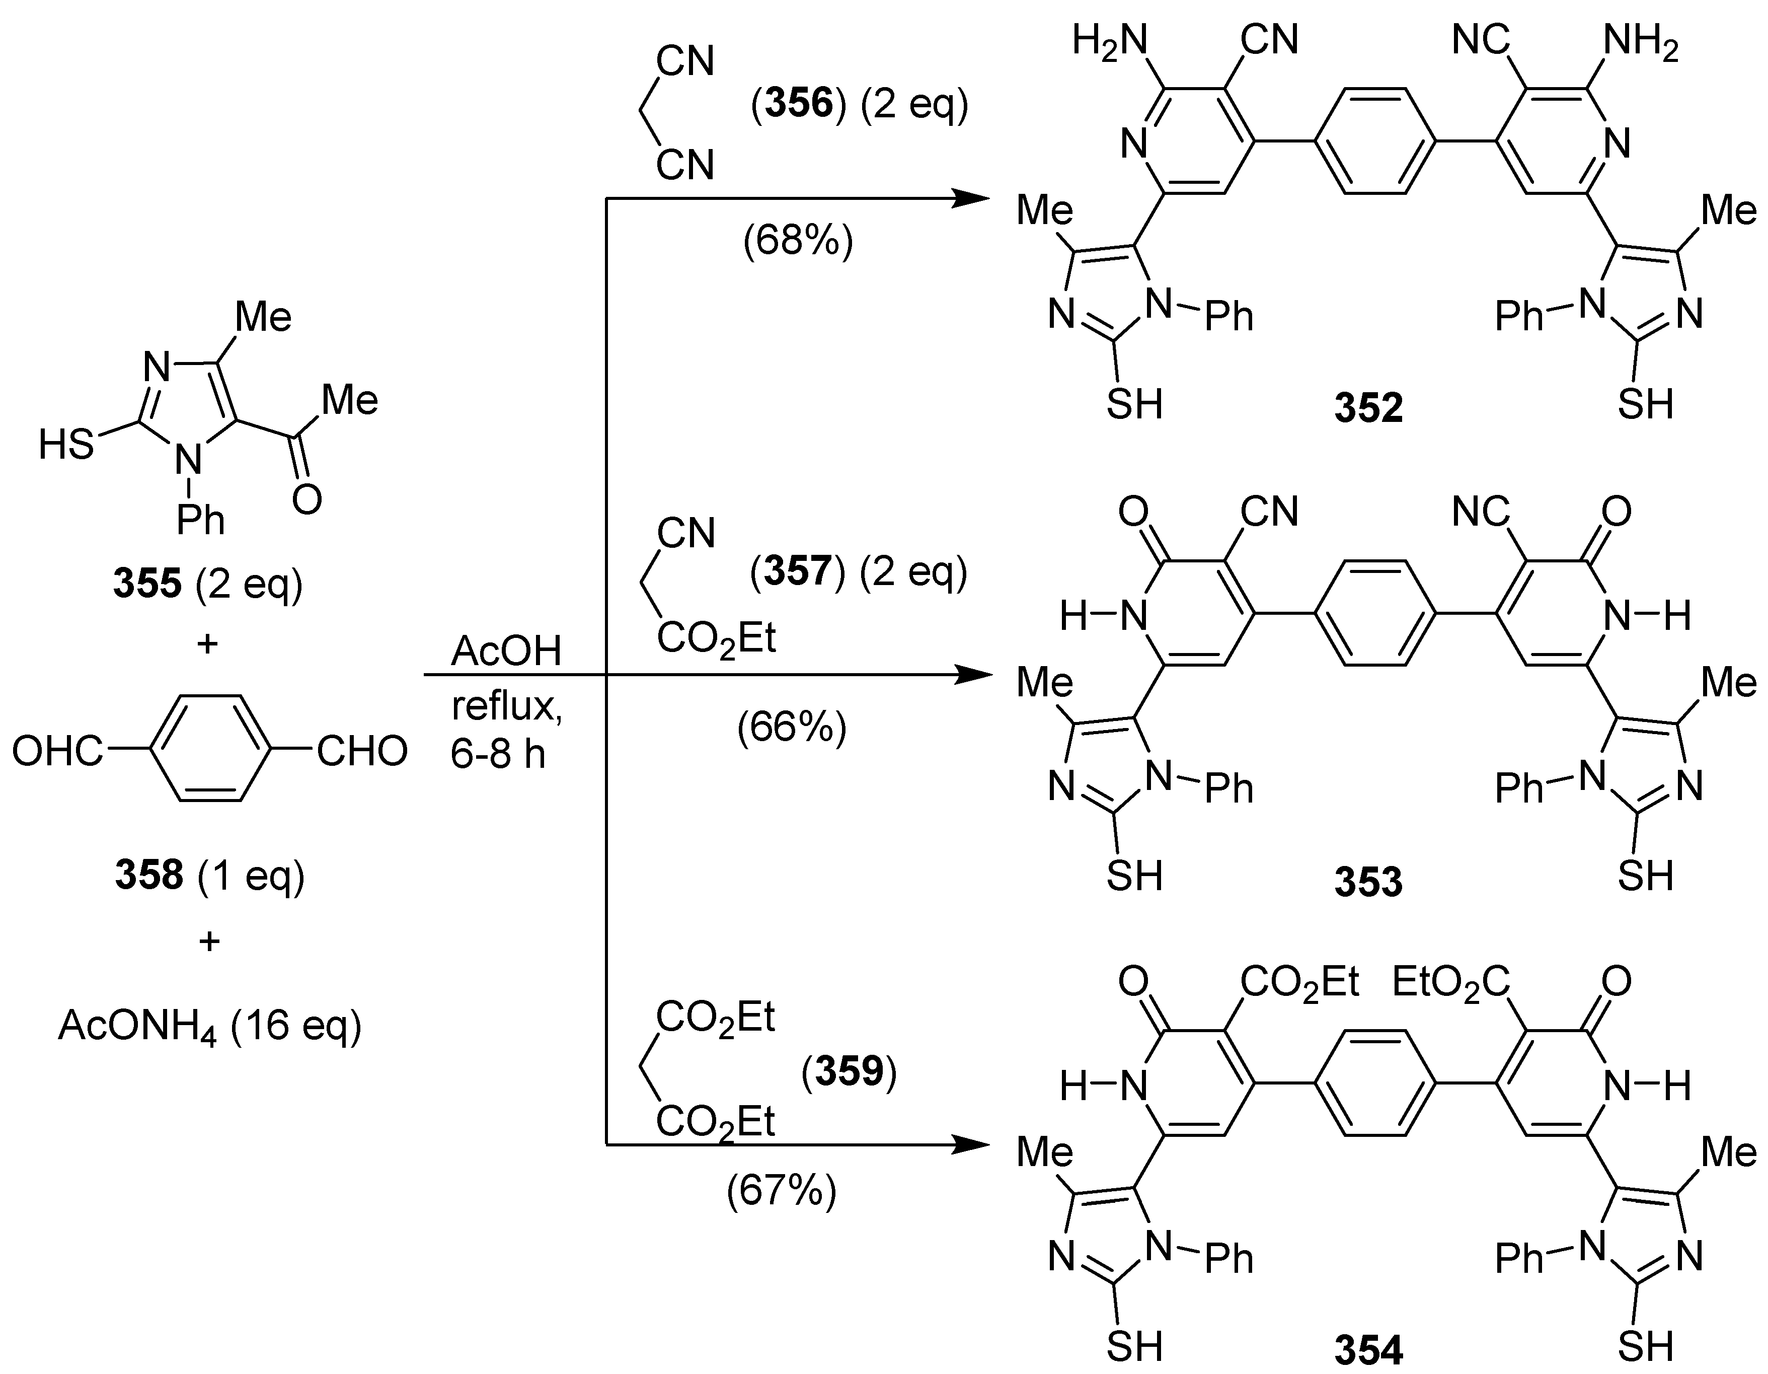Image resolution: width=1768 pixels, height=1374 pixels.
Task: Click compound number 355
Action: point(147,583)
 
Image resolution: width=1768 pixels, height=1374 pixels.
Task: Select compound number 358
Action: point(149,875)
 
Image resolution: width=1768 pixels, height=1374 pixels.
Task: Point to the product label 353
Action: point(1368,882)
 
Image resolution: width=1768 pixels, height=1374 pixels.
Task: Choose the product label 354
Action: point(1368,1350)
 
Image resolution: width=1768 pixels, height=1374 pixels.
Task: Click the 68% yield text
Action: point(797,241)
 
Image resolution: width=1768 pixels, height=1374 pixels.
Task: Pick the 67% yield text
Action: point(781,1191)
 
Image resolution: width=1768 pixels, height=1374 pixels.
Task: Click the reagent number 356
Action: point(799,105)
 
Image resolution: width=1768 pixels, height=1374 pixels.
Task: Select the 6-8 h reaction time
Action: point(497,755)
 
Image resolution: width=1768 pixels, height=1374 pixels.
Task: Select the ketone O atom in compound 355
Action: point(307,499)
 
